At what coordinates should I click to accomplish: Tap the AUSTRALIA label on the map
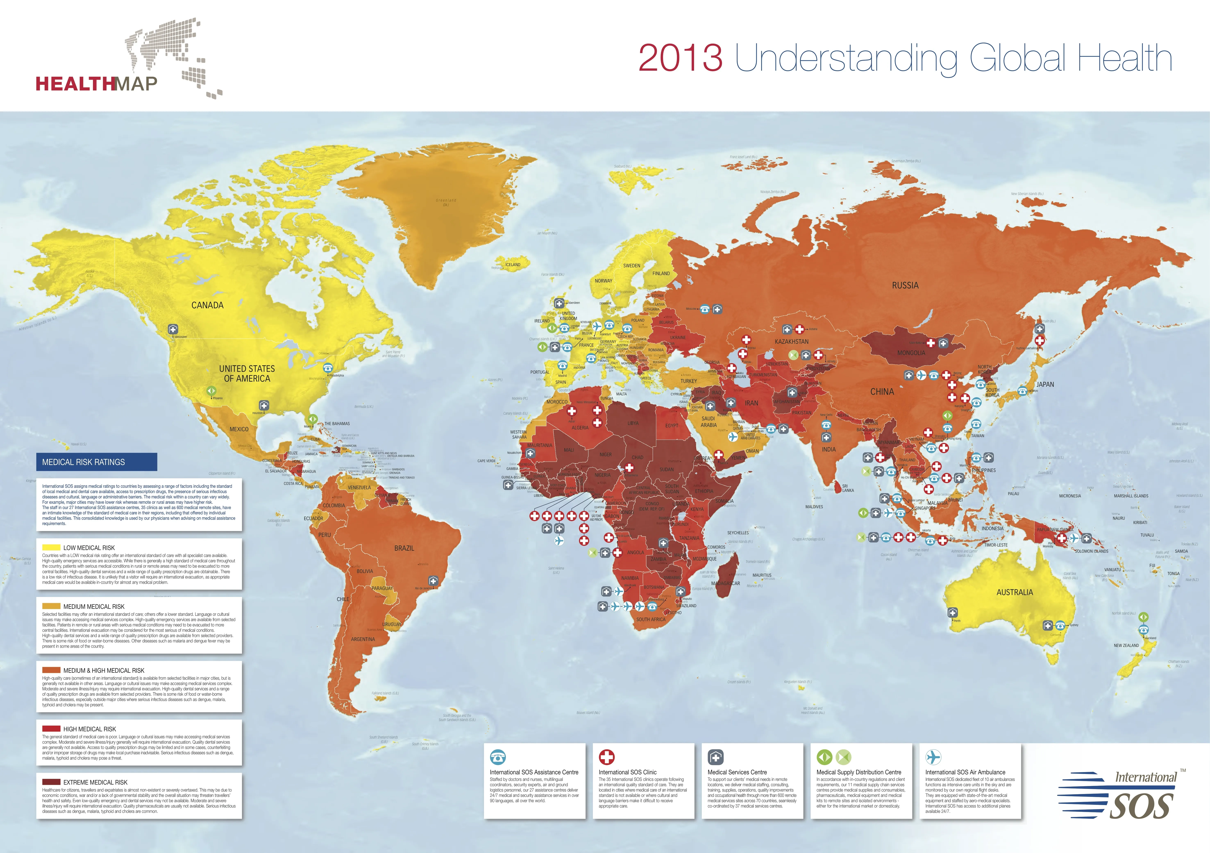(x=1015, y=592)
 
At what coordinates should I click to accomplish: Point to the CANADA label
(x=207, y=305)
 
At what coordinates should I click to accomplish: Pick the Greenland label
(x=446, y=201)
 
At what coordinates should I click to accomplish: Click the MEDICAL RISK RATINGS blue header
(x=96, y=462)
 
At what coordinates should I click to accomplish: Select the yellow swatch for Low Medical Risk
(x=51, y=547)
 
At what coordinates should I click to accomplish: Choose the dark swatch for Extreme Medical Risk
(x=51, y=782)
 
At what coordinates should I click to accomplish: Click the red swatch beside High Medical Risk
(x=51, y=729)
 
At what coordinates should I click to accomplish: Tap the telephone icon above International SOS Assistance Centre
(x=497, y=757)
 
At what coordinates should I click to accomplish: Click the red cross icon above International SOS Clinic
(x=607, y=757)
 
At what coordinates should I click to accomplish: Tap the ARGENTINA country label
(x=363, y=639)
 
